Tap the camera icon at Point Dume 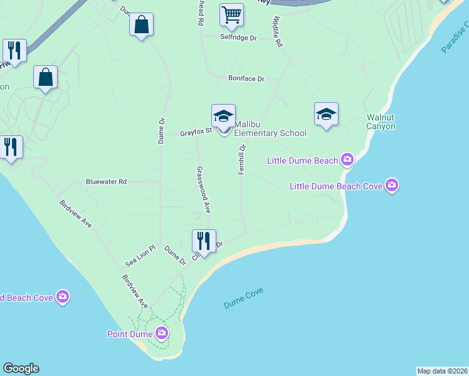[x=162, y=333]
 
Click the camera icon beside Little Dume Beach [x=347, y=160]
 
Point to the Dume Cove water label [x=243, y=298]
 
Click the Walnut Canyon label [x=381, y=122]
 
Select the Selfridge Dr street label [x=238, y=38]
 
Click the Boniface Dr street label [x=246, y=80]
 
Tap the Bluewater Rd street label [x=106, y=182]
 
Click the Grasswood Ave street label [x=203, y=189]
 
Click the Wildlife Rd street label [x=277, y=33]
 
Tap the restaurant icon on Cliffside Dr [x=203, y=241]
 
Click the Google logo [x=21, y=368]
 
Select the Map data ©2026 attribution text [x=442, y=371]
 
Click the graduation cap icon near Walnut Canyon [x=326, y=115]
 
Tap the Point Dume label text [x=129, y=333]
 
